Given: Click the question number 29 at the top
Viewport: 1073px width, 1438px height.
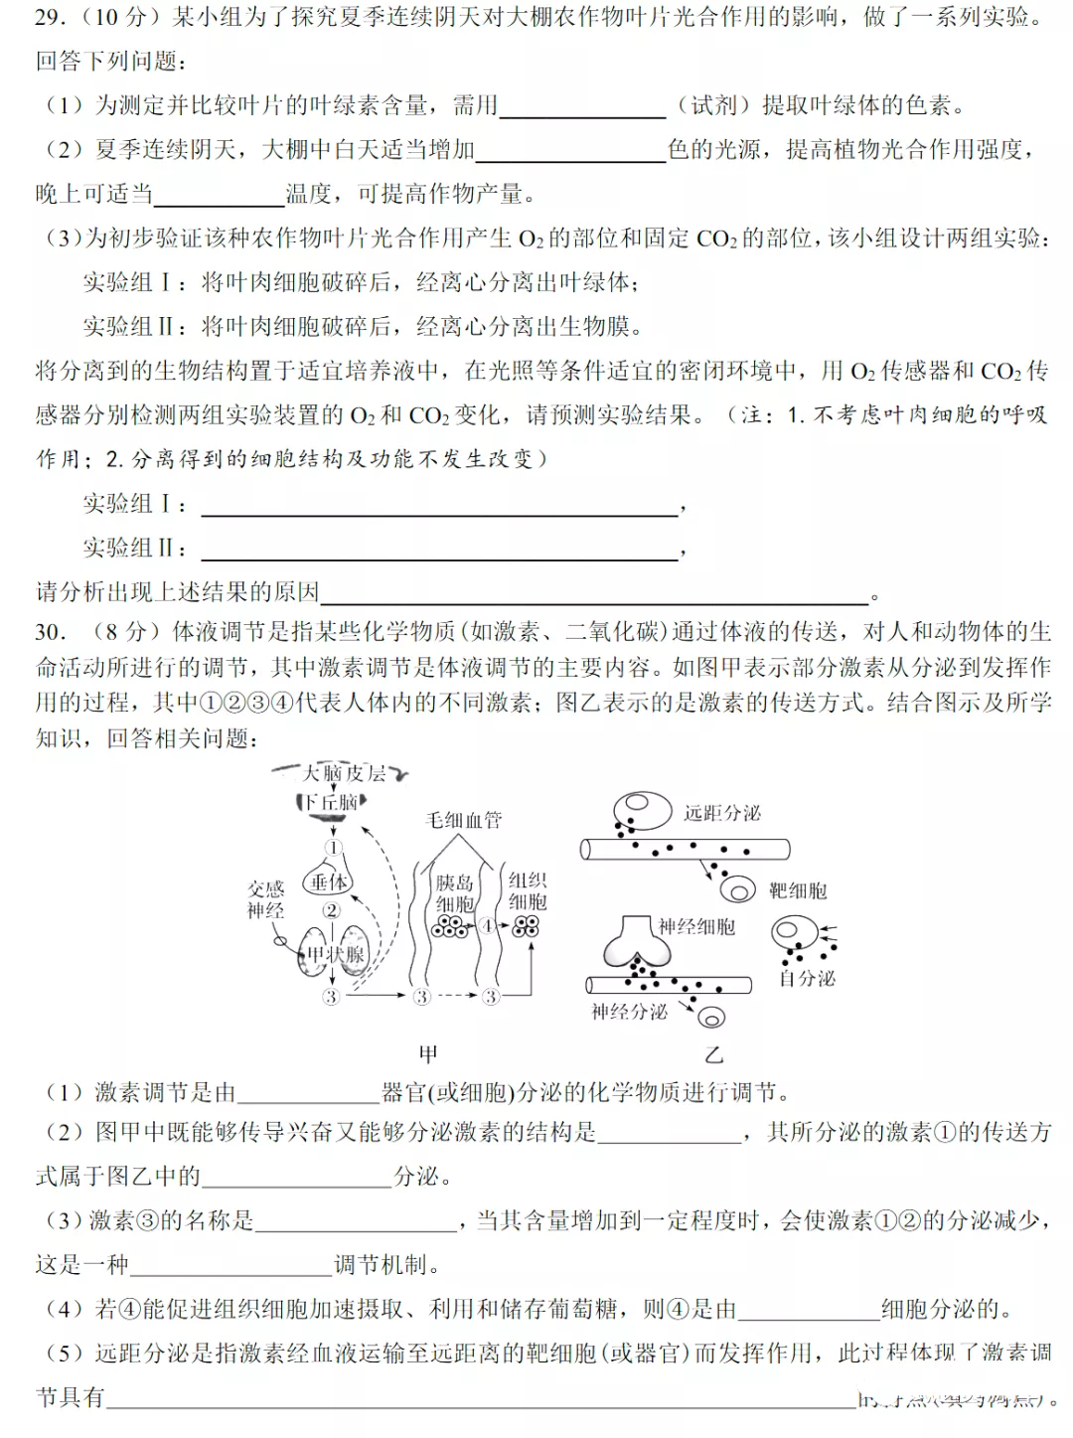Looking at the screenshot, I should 50,17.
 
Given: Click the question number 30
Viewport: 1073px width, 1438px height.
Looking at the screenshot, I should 51,632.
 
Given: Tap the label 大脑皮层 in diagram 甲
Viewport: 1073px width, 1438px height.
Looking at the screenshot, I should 344,773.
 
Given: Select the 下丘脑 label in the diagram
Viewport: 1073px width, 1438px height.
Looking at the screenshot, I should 330,802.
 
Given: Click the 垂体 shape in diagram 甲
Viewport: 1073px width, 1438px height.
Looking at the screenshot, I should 329,881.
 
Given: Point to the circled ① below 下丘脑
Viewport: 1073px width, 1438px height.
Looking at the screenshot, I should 333,848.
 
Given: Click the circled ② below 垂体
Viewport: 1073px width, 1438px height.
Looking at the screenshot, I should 331,910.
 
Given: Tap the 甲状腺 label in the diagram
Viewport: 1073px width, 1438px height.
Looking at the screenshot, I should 335,955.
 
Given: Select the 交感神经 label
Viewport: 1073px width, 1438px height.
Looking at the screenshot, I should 265,899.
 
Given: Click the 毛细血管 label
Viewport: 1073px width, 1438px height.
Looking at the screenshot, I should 464,820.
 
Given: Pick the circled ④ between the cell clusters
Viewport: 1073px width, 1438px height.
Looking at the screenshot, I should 488,926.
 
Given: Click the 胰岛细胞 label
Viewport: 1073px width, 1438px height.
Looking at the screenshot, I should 455,893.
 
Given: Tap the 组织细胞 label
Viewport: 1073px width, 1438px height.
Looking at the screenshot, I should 528,890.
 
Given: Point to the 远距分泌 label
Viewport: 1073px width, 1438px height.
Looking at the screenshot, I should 722,813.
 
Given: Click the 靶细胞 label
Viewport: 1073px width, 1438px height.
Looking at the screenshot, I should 798,890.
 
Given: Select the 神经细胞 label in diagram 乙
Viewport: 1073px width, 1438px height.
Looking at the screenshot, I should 696,926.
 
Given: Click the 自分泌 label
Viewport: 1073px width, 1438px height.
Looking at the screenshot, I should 807,979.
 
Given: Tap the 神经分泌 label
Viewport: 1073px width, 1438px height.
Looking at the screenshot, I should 629,1012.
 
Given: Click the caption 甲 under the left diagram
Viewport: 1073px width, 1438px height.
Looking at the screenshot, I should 428,1053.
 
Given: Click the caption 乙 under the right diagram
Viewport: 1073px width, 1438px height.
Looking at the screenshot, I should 713,1054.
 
